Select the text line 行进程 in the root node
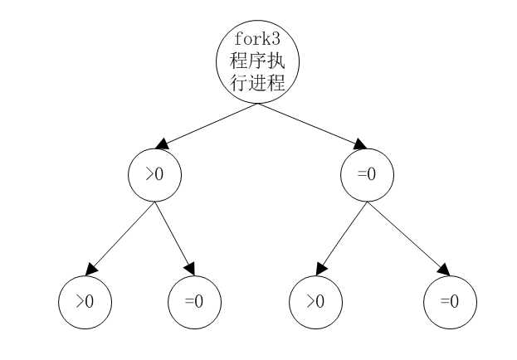click(x=257, y=83)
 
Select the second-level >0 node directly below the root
click(x=154, y=175)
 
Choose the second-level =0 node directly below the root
click(x=367, y=175)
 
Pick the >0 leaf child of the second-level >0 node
click(x=85, y=302)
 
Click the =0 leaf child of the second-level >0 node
click(x=194, y=302)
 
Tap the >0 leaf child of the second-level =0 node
click(x=315, y=302)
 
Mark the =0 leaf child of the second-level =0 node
click(x=450, y=302)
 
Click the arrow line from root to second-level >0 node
click(x=207, y=124)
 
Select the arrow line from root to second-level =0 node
click(x=311, y=125)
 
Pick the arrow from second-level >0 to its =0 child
click(x=174, y=238)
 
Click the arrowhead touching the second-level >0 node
click(x=163, y=144)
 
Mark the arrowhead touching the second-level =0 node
click(x=359, y=144)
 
